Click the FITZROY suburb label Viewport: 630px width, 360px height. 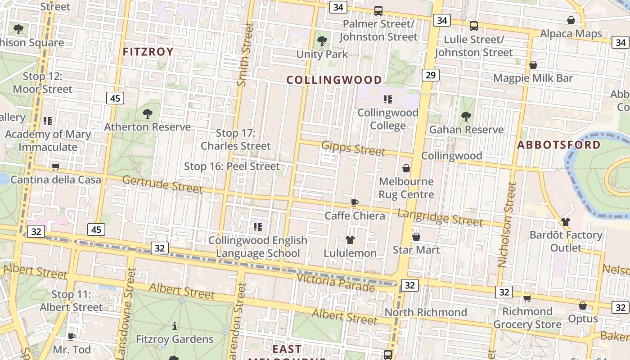(148, 52)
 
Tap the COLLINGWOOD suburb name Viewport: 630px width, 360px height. (334, 80)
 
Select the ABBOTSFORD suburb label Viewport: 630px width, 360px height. (559, 145)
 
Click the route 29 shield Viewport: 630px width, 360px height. (430, 75)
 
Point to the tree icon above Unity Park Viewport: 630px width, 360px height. (322, 41)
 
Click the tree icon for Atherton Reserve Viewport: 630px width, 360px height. (148, 114)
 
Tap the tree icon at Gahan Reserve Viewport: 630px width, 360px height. (466, 117)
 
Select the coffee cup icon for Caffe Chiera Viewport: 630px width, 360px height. (355, 202)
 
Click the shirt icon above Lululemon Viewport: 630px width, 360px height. (350, 240)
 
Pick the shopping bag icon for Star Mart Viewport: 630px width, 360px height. (416, 236)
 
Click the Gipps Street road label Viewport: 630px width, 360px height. (353, 148)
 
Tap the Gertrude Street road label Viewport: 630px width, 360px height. (162, 184)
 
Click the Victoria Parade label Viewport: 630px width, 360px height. (335, 282)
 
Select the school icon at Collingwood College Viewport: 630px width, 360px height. (387, 99)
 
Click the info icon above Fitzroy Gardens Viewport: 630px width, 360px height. (175, 326)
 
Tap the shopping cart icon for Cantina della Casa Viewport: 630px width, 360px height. (56, 167)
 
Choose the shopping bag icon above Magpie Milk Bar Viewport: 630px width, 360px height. (533, 65)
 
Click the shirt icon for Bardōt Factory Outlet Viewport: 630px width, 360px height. (566, 222)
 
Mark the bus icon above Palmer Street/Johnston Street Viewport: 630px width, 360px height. (378, 11)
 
